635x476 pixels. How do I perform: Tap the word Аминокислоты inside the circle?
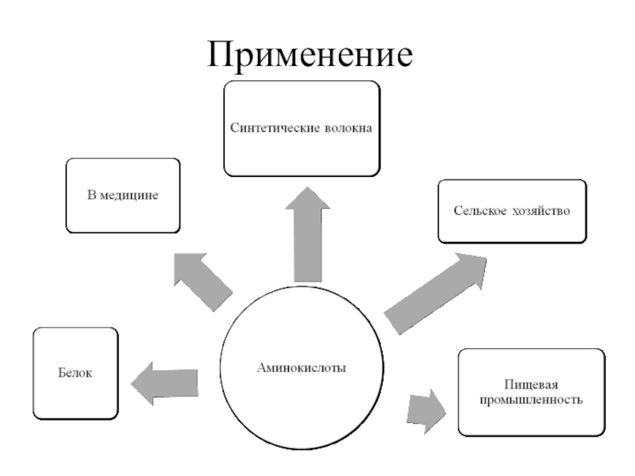click(302, 367)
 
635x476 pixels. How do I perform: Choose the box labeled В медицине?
click(123, 195)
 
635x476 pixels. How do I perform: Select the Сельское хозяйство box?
click(512, 211)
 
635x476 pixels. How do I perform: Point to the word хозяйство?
click(540, 212)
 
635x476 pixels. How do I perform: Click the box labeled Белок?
click(75, 373)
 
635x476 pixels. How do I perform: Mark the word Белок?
click(75, 373)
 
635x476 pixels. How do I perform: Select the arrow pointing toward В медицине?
click(202, 278)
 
